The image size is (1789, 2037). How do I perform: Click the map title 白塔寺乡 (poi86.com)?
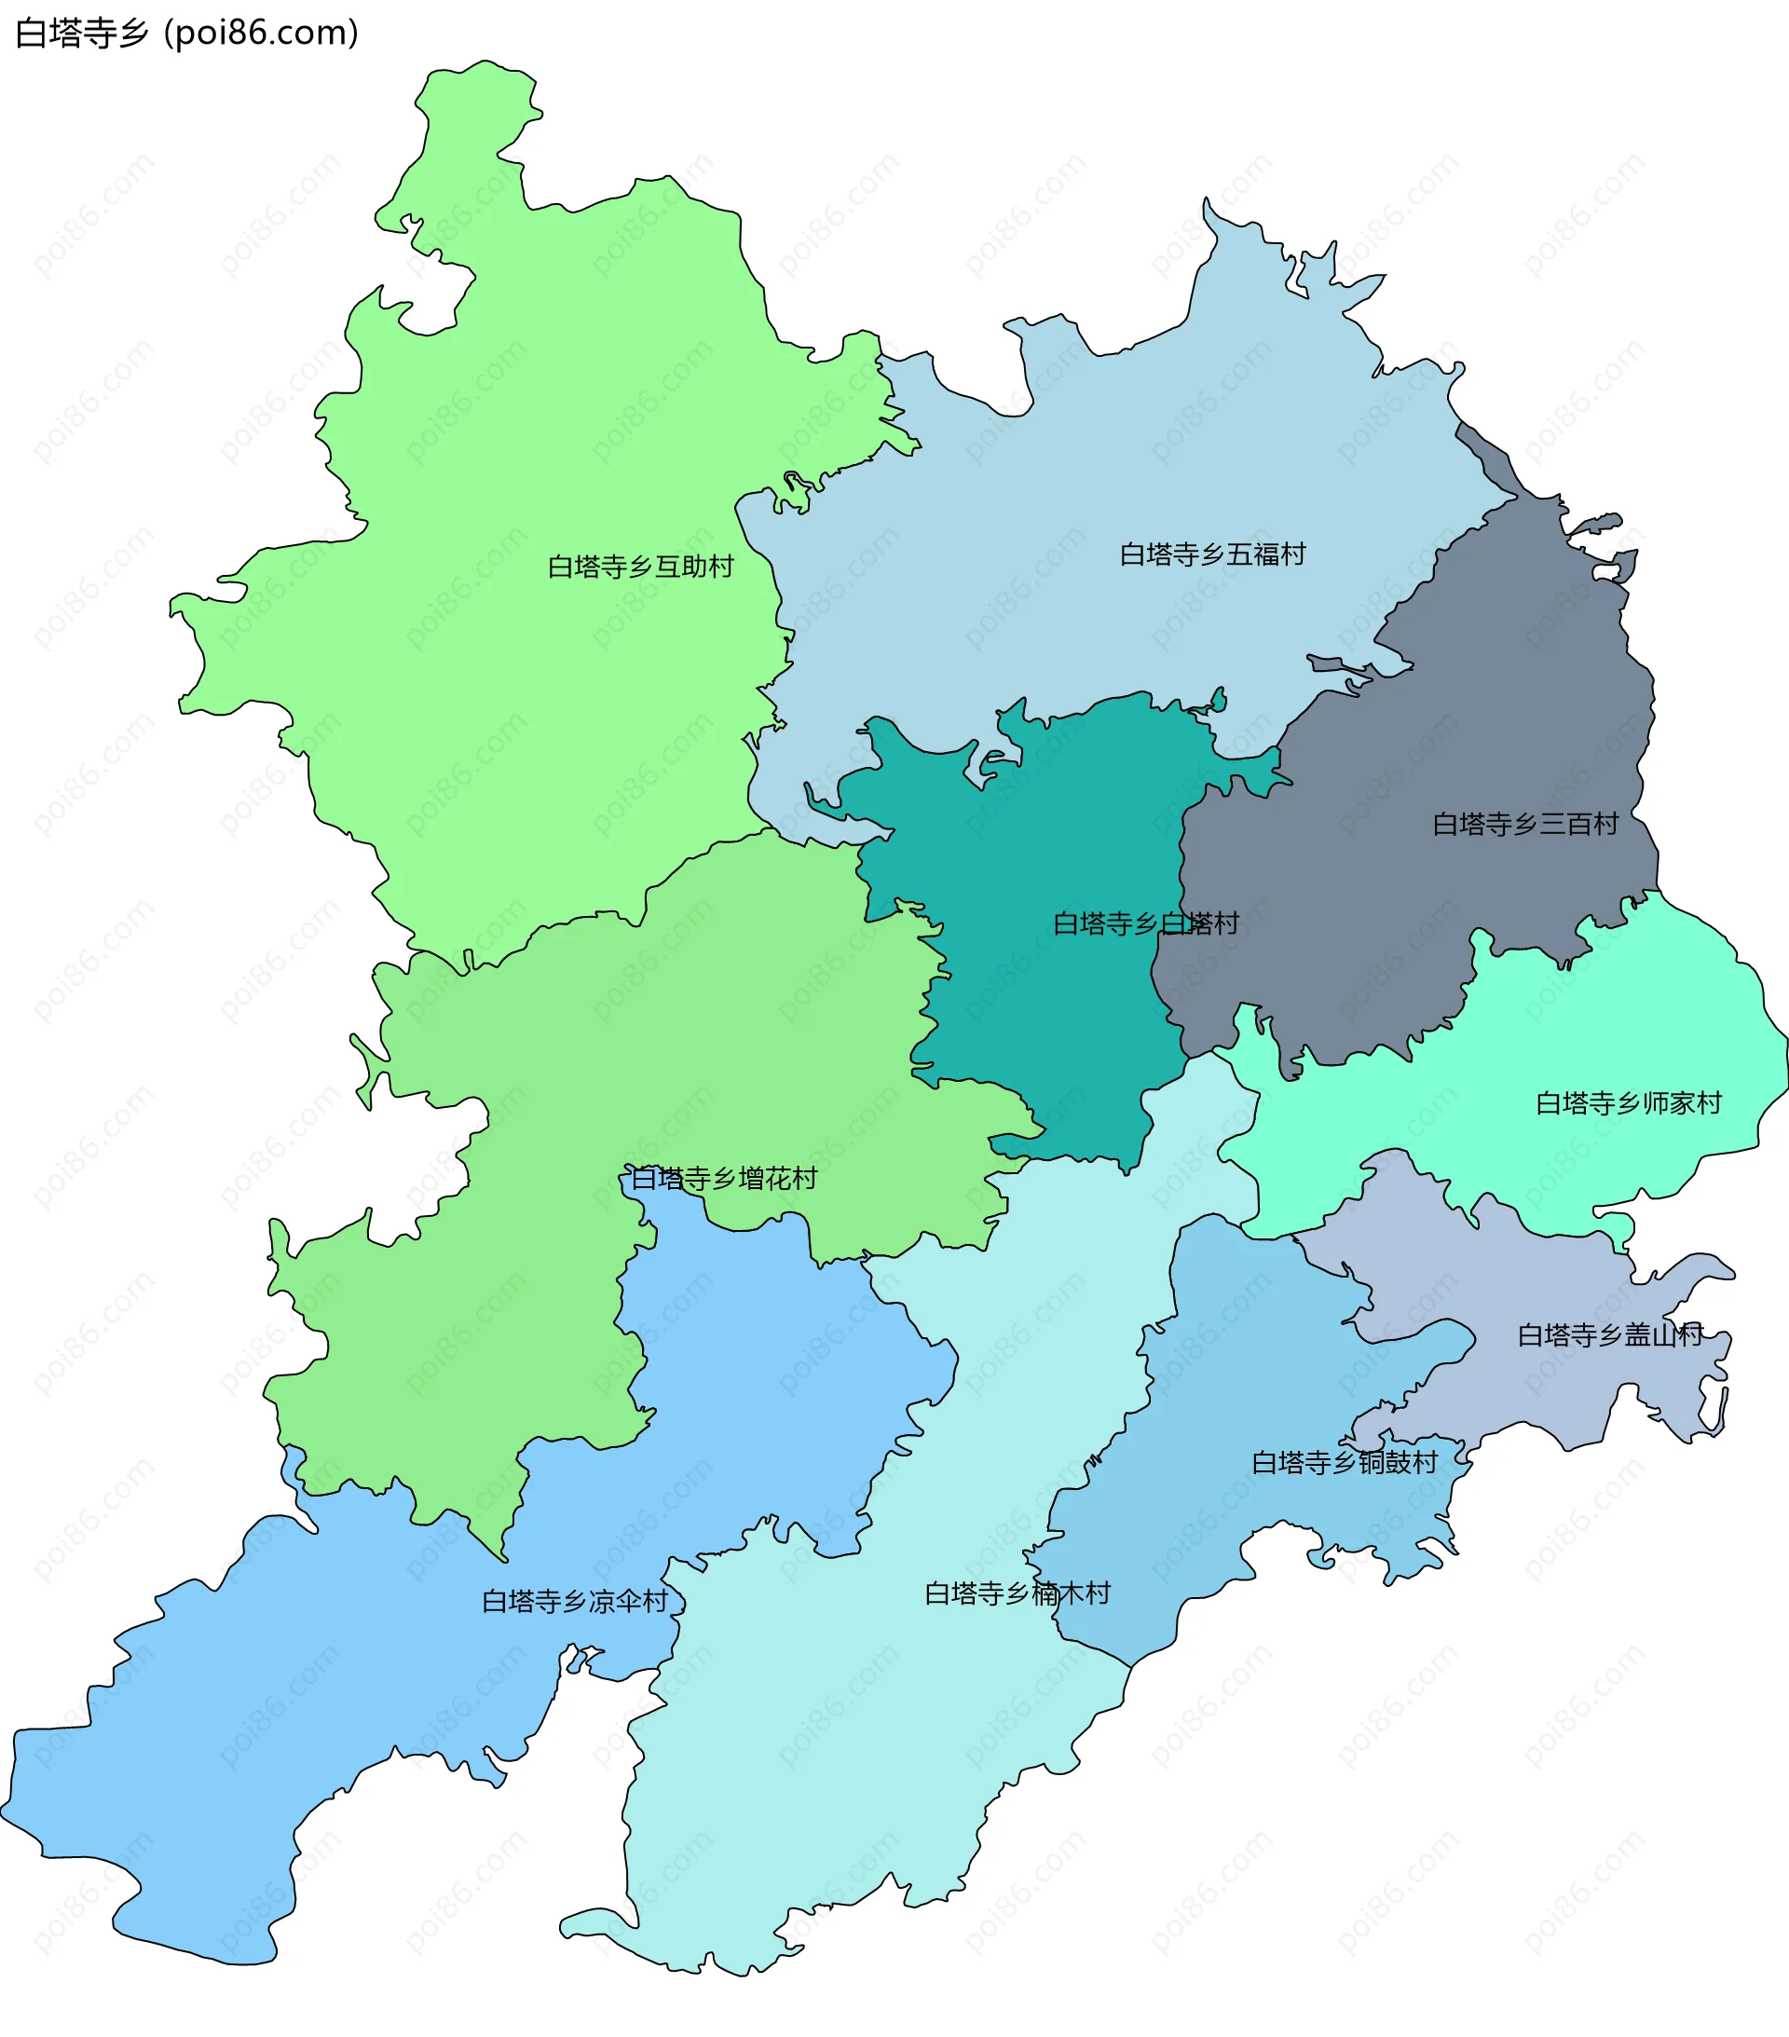(186, 33)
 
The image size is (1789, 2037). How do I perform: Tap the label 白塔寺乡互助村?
(640, 567)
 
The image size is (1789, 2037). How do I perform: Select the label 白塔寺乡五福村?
(1212, 554)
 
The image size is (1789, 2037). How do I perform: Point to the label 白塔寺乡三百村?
(1525, 824)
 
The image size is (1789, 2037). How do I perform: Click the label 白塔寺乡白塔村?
(1145, 923)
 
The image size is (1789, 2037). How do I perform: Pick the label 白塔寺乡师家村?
(1629, 1103)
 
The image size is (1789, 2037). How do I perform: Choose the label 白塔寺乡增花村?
(724, 1179)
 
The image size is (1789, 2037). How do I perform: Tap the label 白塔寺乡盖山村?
(1609, 1335)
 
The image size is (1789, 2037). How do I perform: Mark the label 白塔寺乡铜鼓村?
(1345, 1463)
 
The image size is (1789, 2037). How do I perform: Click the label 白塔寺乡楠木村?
(1017, 1593)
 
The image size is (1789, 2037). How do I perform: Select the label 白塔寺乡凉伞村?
(574, 1602)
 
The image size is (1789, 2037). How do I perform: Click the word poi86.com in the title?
(261, 33)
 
